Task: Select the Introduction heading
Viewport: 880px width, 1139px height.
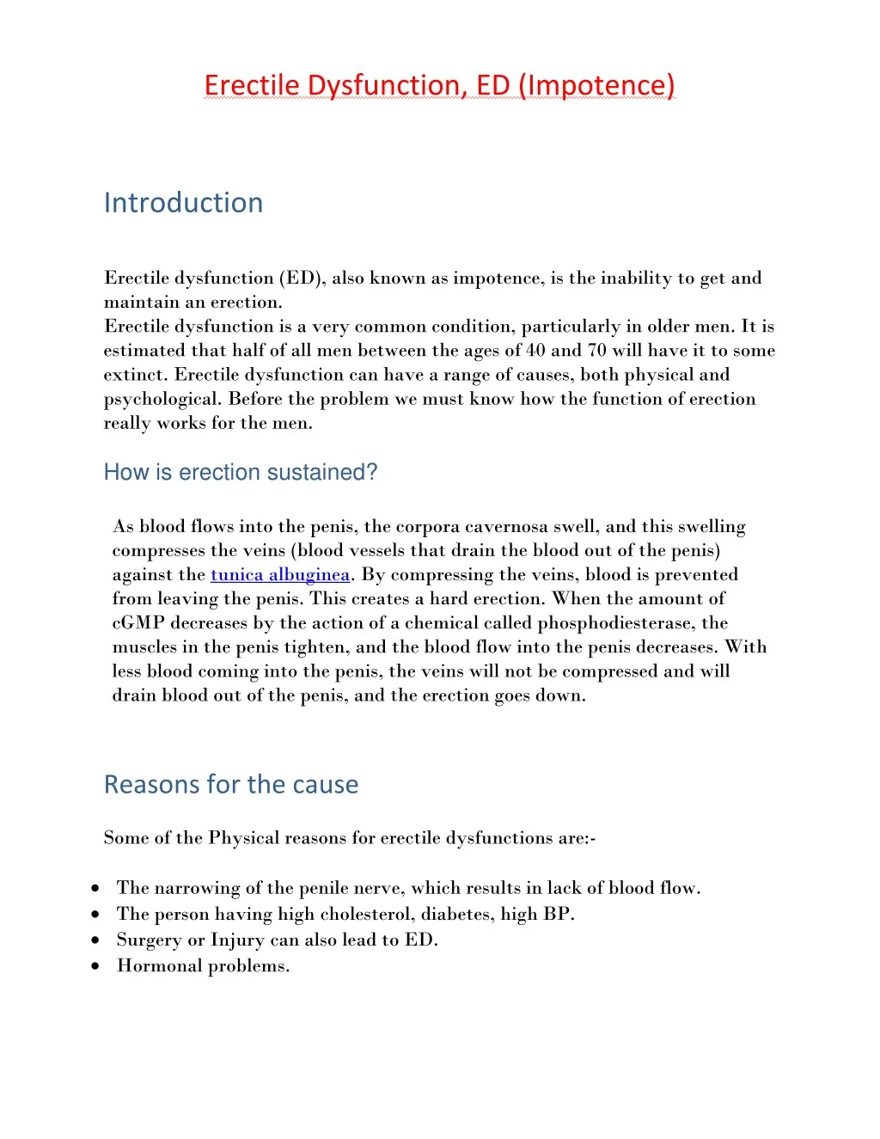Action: tap(183, 203)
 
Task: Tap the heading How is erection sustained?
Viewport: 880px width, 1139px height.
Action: tap(241, 473)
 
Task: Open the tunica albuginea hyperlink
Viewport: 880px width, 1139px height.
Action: tap(280, 575)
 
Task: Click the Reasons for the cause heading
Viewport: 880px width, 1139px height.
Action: tap(231, 784)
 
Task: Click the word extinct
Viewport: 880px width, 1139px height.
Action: tap(136, 375)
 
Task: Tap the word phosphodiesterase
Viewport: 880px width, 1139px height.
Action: tap(615, 623)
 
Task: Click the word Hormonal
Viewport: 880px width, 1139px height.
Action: tap(157, 966)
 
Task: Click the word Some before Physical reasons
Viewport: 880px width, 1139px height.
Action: tap(125, 838)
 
